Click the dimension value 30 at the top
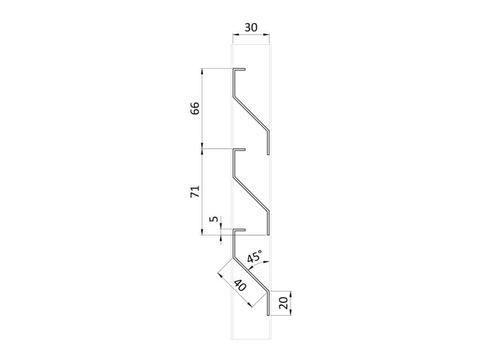(x=251, y=27)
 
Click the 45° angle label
(x=255, y=257)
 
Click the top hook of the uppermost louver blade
(x=240, y=70)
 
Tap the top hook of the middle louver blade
(x=240, y=150)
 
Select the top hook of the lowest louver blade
(x=240, y=230)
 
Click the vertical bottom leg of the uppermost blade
(x=269, y=143)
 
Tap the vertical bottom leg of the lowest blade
(x=269, y=303)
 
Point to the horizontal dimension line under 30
(x=251, y=35)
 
